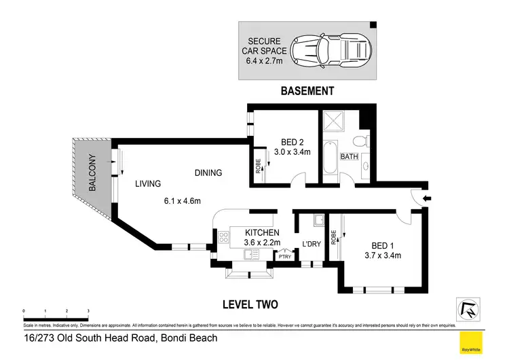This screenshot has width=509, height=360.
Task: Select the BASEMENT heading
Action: click(307, 90)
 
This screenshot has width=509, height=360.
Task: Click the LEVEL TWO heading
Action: click(250, 304)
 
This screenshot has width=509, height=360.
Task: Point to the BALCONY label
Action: click(92, 173)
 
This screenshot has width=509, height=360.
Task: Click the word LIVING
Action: click(147, 183)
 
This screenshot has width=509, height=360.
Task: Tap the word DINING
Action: click(208, 173)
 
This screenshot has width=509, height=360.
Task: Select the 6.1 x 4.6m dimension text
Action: click(182, 200)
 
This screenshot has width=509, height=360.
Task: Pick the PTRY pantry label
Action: click(283, 256)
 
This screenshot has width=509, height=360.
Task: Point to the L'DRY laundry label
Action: click(311, 244)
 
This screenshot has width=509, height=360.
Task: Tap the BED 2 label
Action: click(295, 142)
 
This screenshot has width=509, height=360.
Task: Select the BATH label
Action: click(349, 157)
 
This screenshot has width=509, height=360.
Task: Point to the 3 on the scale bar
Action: click(88, 310)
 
